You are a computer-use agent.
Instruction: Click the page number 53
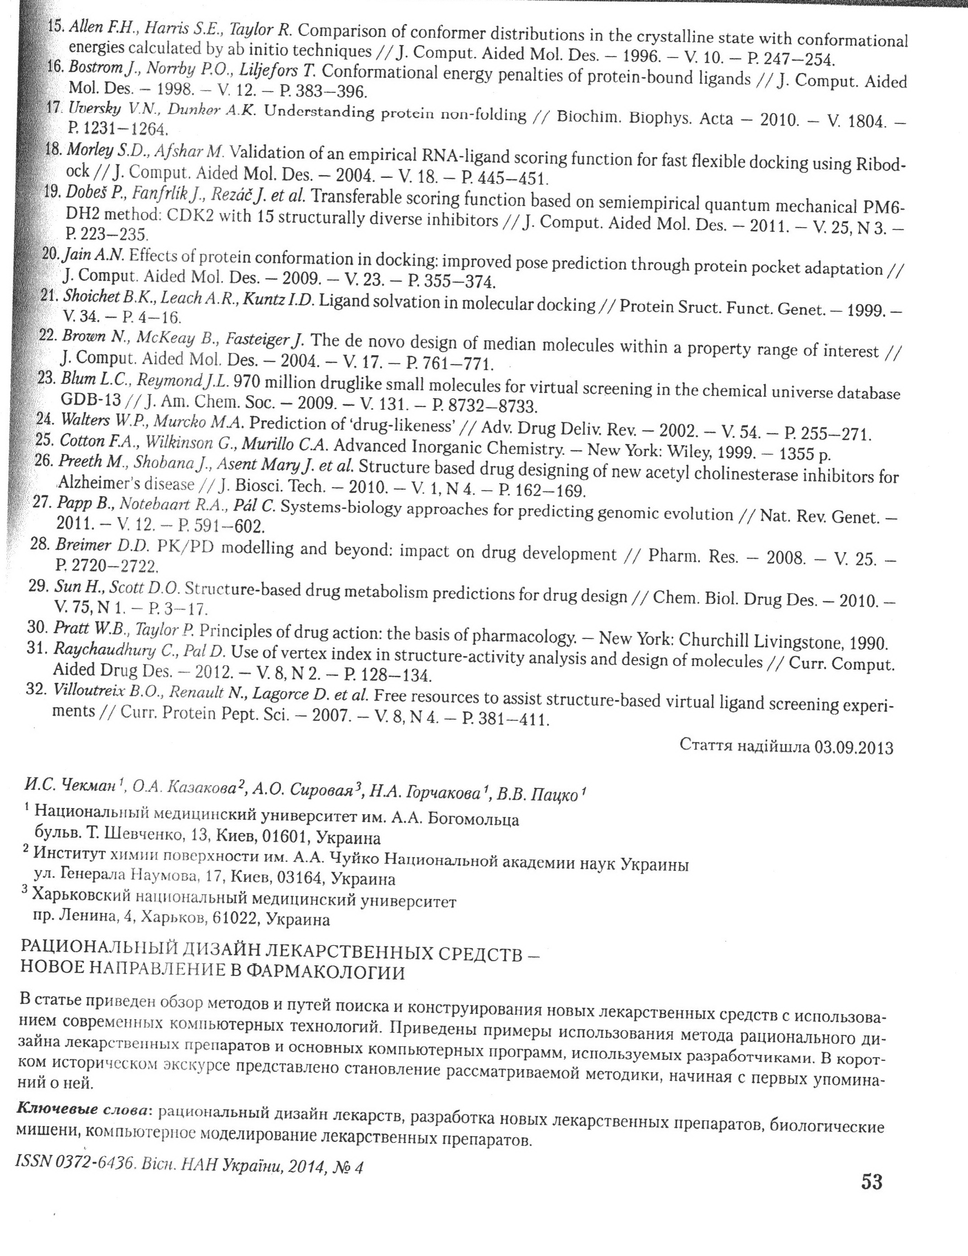coord(871,1182)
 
